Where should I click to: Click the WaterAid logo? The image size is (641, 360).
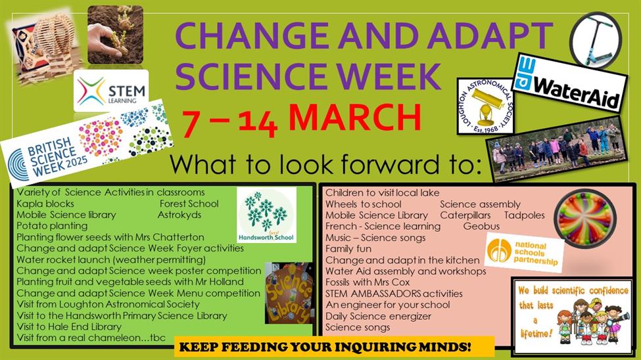tap(569, 83)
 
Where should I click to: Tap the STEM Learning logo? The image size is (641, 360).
tap(111, 90)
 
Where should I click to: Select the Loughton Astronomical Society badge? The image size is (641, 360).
tap(485, 106)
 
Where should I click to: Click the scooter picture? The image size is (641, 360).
tap(596, 39)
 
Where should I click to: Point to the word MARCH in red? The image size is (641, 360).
tap(355, 118)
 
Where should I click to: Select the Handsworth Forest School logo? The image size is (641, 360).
tap(266, 215)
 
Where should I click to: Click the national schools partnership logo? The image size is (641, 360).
tap(524, 254)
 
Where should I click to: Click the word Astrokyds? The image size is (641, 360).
tap(179, 215)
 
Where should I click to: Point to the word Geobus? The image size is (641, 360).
tap(481, 226)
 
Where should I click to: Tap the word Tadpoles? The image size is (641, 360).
tap(524, 215)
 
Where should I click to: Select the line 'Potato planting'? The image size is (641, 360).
tap(52, 226)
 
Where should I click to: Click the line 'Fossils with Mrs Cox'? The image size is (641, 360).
tap(368, 282)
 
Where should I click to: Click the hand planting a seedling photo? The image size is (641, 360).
tap(115, 35)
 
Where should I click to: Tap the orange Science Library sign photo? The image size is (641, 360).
tap(289, 293)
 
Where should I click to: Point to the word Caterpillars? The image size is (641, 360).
tap(465, 215)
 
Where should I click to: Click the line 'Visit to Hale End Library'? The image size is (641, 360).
tap(68, 326)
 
